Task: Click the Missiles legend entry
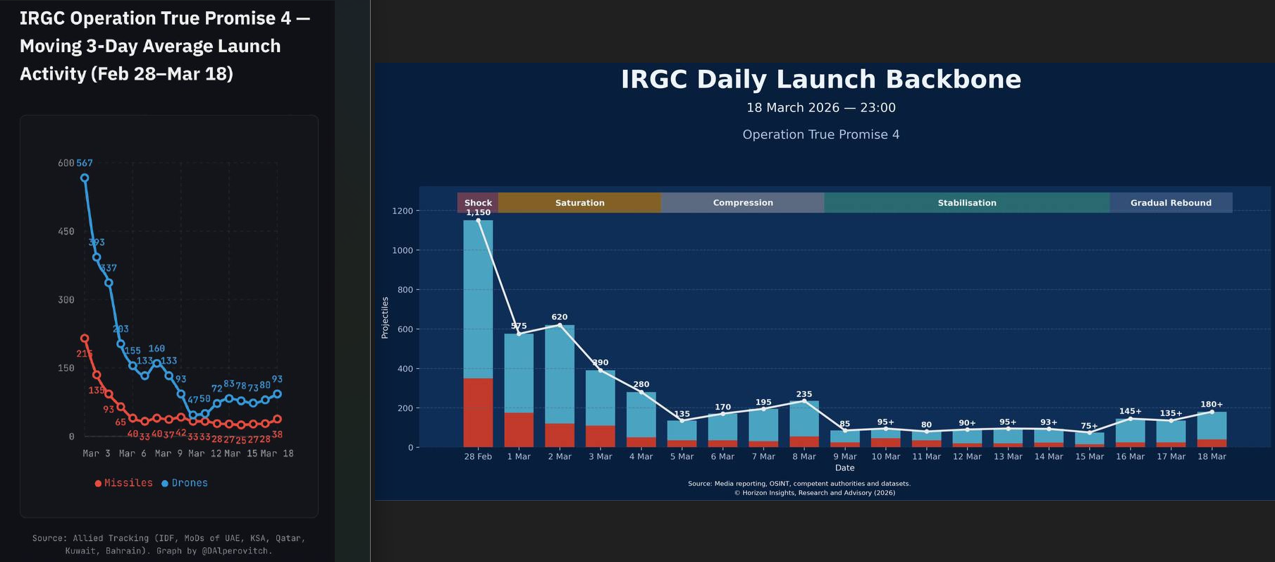point(124,483)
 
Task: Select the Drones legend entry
point(185,483)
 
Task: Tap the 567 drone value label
point(85,163)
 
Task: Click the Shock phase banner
point(478,202)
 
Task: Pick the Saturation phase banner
point(579,202)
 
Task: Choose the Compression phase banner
point(743,202)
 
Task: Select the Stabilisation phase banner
point(967,202)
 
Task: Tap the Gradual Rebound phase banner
point(1171,202)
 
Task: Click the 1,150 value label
point(478,212)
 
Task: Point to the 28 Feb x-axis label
point(478,457)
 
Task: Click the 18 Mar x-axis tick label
point(1212,457)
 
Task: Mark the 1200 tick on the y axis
point(402,211)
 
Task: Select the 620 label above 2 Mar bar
point(560,317)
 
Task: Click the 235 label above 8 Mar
point(804,394)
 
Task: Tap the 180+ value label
point(1212,405)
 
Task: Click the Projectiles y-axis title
point(385,317)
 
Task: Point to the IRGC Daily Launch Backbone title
point(821,80)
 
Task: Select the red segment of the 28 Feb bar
point(478,413)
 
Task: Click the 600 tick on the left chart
point(66,163)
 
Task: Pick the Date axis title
point(844,468)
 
